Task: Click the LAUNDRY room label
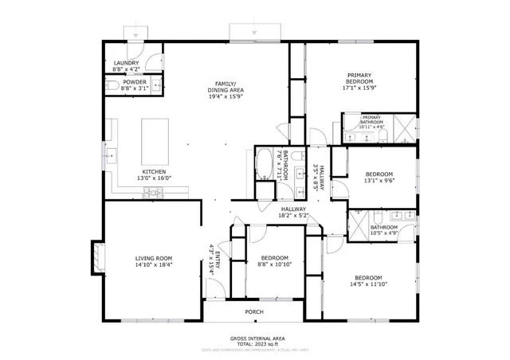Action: point(126,63)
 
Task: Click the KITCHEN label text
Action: point(154,172)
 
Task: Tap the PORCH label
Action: point(254,311)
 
